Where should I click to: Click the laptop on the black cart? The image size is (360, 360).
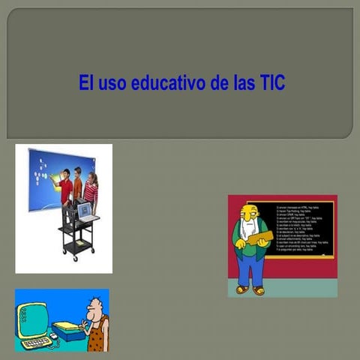[x=87, y=212]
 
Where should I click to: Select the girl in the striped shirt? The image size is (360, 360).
[x=91, y=190]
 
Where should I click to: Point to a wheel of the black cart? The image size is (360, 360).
[x=74, y=259]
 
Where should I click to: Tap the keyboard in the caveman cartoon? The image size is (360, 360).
[x=36, y=342]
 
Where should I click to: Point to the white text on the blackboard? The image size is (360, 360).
[x=300, y=225]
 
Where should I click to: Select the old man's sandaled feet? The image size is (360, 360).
[x=250, y=289]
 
